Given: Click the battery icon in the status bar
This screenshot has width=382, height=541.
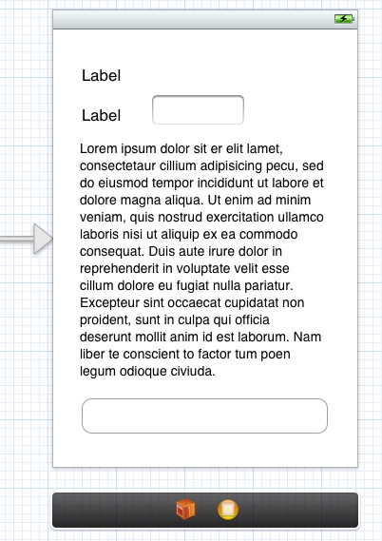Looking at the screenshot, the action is [x=343, y=19].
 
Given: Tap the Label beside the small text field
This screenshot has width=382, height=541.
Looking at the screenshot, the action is [x=102, y=116].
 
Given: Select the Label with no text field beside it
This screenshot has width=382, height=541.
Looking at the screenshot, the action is [x=102, y=76].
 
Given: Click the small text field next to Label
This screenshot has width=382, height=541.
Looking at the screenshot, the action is [x=199, y=110].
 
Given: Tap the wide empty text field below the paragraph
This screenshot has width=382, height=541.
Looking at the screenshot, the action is [x=204, y=416].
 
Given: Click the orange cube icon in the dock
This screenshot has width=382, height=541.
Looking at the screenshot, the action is [x=185, y=511].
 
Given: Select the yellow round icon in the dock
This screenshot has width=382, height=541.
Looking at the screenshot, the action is [x=228, y=511].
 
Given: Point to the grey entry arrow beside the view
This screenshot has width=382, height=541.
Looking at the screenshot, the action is [x=29, y=239].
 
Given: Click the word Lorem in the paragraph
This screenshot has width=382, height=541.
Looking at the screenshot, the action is [x=101, y=149].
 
